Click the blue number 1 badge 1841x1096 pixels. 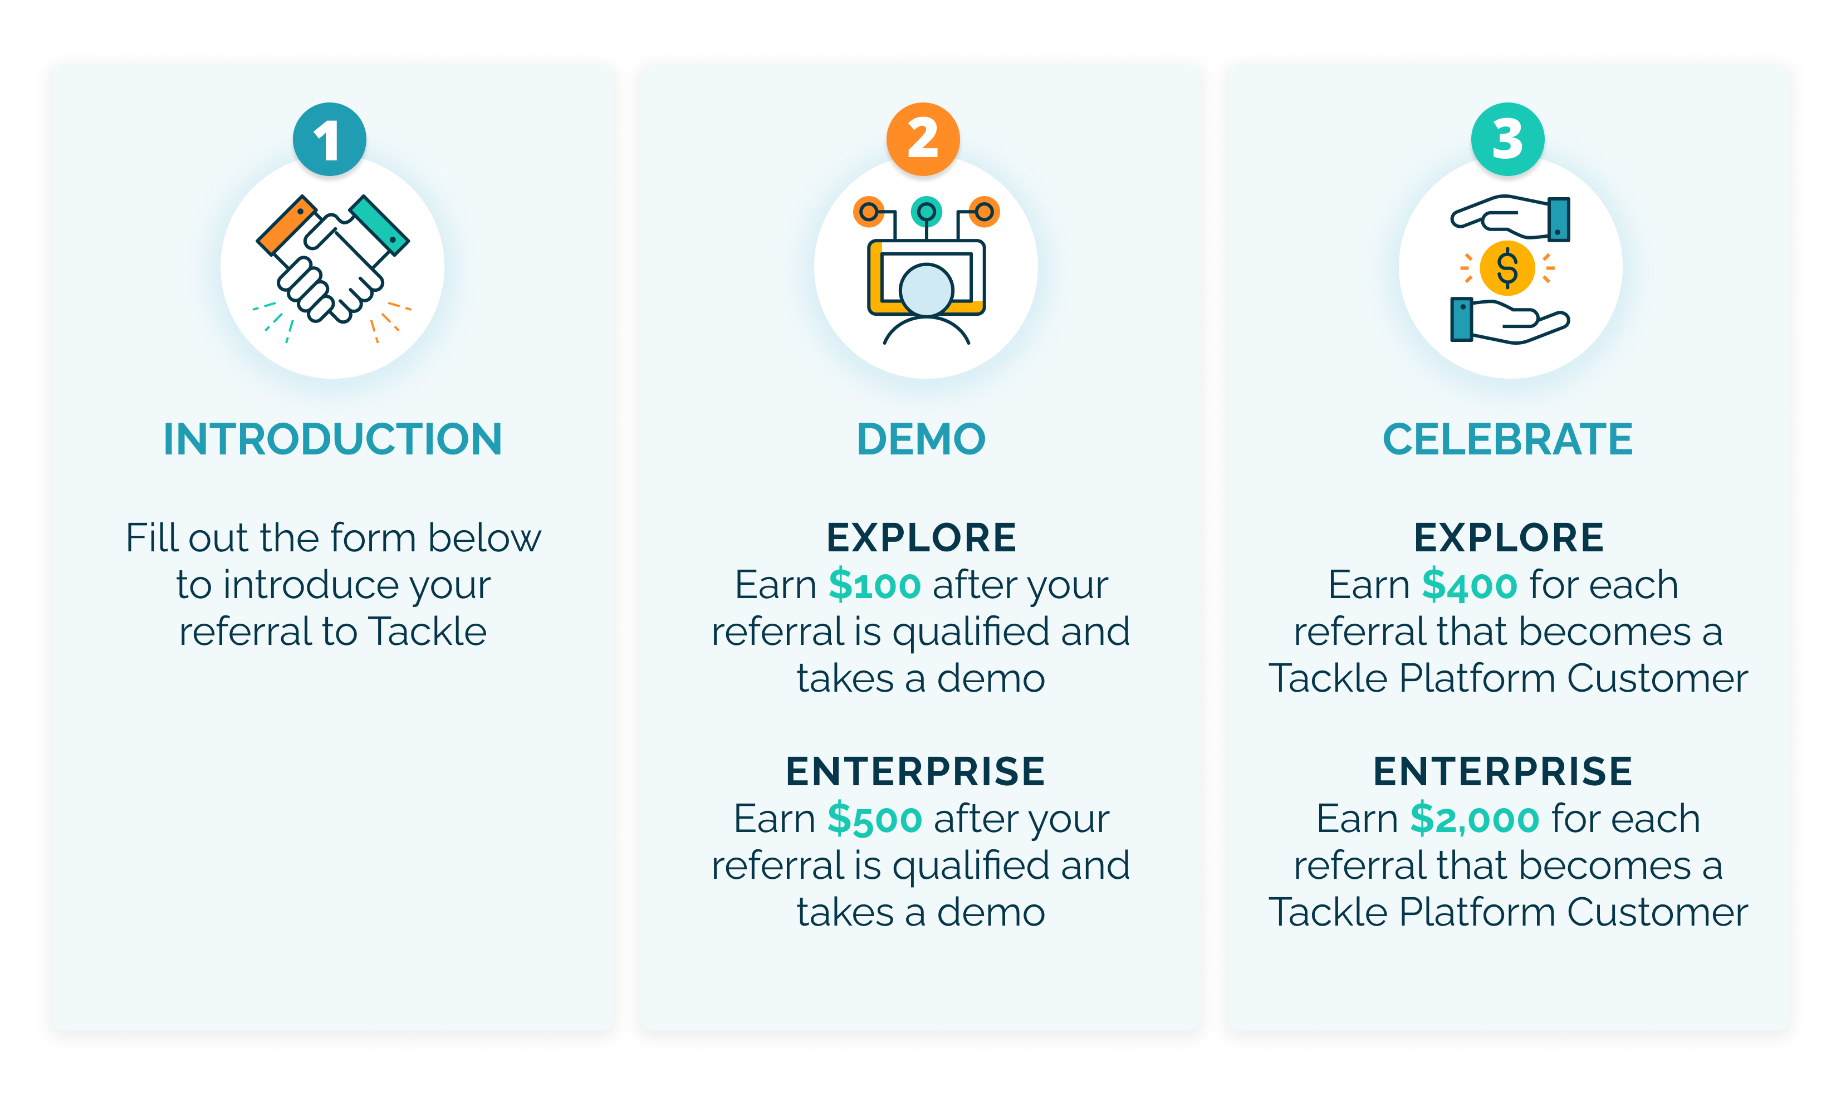click(329, 139)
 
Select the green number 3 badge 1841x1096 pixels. click(1507, 139)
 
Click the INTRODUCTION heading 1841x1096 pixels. click(332, 439)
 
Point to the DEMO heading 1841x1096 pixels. click(921, 439)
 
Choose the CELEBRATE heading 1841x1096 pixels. click(1507, 439)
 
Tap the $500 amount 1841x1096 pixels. click(874, 820)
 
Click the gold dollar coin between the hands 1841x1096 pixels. click(1507, 268)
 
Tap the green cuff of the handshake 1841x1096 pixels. click(380, 224)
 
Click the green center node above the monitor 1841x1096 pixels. click(926, 212)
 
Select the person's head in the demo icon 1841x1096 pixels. click(926, 290)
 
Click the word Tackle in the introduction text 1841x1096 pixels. click(428, 632)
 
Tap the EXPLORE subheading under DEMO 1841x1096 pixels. click(921, 537)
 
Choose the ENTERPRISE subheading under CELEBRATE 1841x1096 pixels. click(1503, 772)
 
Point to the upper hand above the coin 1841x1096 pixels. click(1499, 216)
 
